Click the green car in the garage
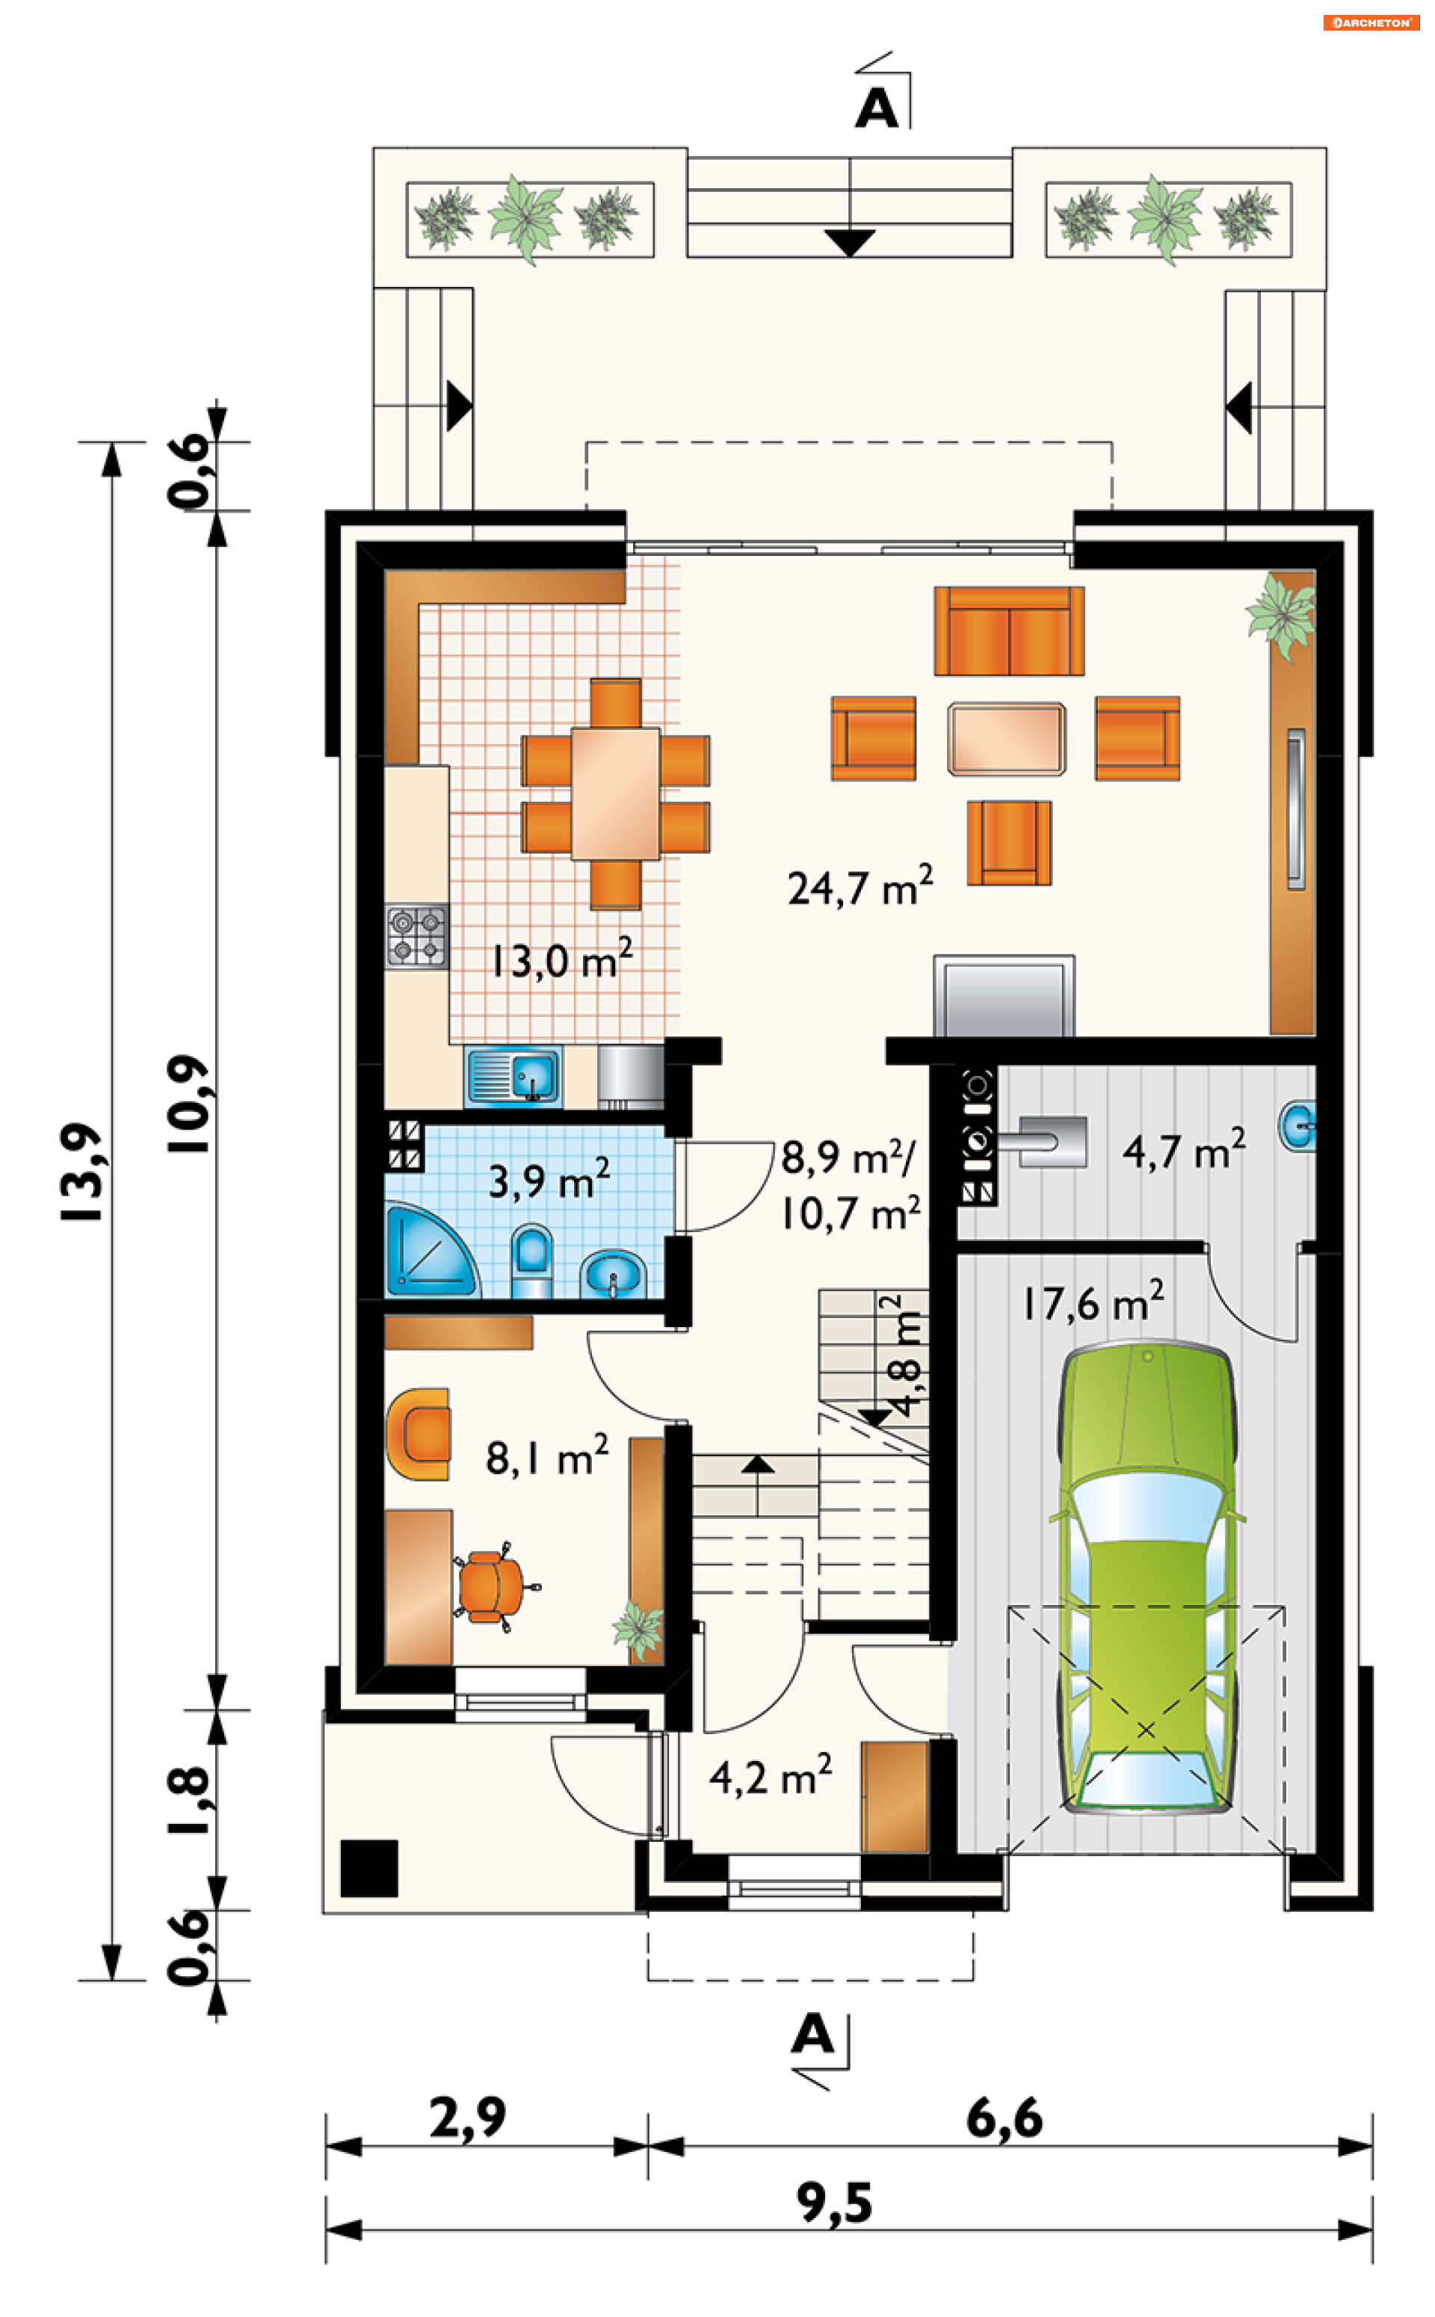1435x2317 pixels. [x=1147, y=1579]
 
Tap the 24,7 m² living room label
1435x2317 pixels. [x=860, y=886]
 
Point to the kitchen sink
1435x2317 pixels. [x=513, y=1076]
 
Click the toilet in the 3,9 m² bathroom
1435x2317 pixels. [x=531, y=1262]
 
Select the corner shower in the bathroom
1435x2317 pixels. [x=430, y=1251]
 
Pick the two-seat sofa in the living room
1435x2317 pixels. [x=1009, y=631]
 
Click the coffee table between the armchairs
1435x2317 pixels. [x=1006, y=739]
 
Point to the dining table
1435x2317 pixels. [x=615, y=794]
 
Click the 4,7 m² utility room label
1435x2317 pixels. [x=1183, y=1150]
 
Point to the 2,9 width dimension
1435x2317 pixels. [x=467, y=2118]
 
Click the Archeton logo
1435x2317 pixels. [x=1371, y=22]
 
